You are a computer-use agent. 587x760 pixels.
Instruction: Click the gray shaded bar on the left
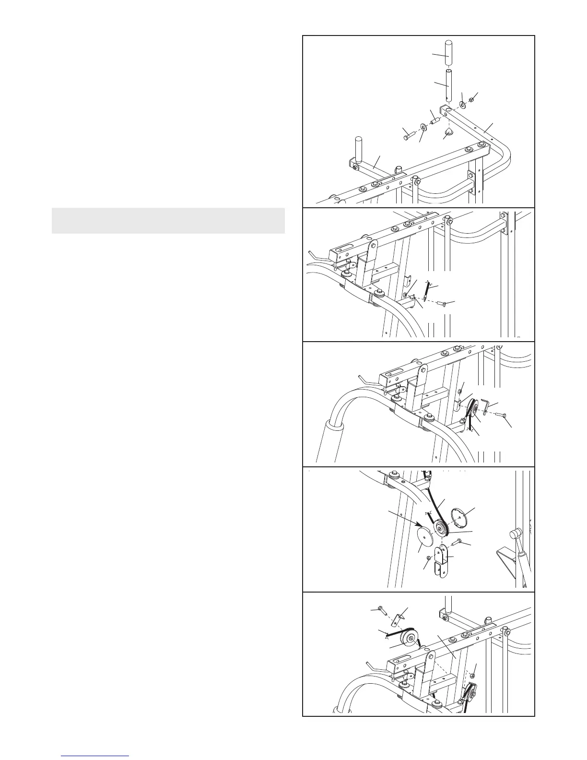click(x=168, y=221)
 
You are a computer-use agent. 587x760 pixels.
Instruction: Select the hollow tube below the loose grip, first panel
click(x=449, y=85)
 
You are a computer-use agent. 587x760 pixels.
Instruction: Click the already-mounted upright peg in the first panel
click(x=357, y=145)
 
